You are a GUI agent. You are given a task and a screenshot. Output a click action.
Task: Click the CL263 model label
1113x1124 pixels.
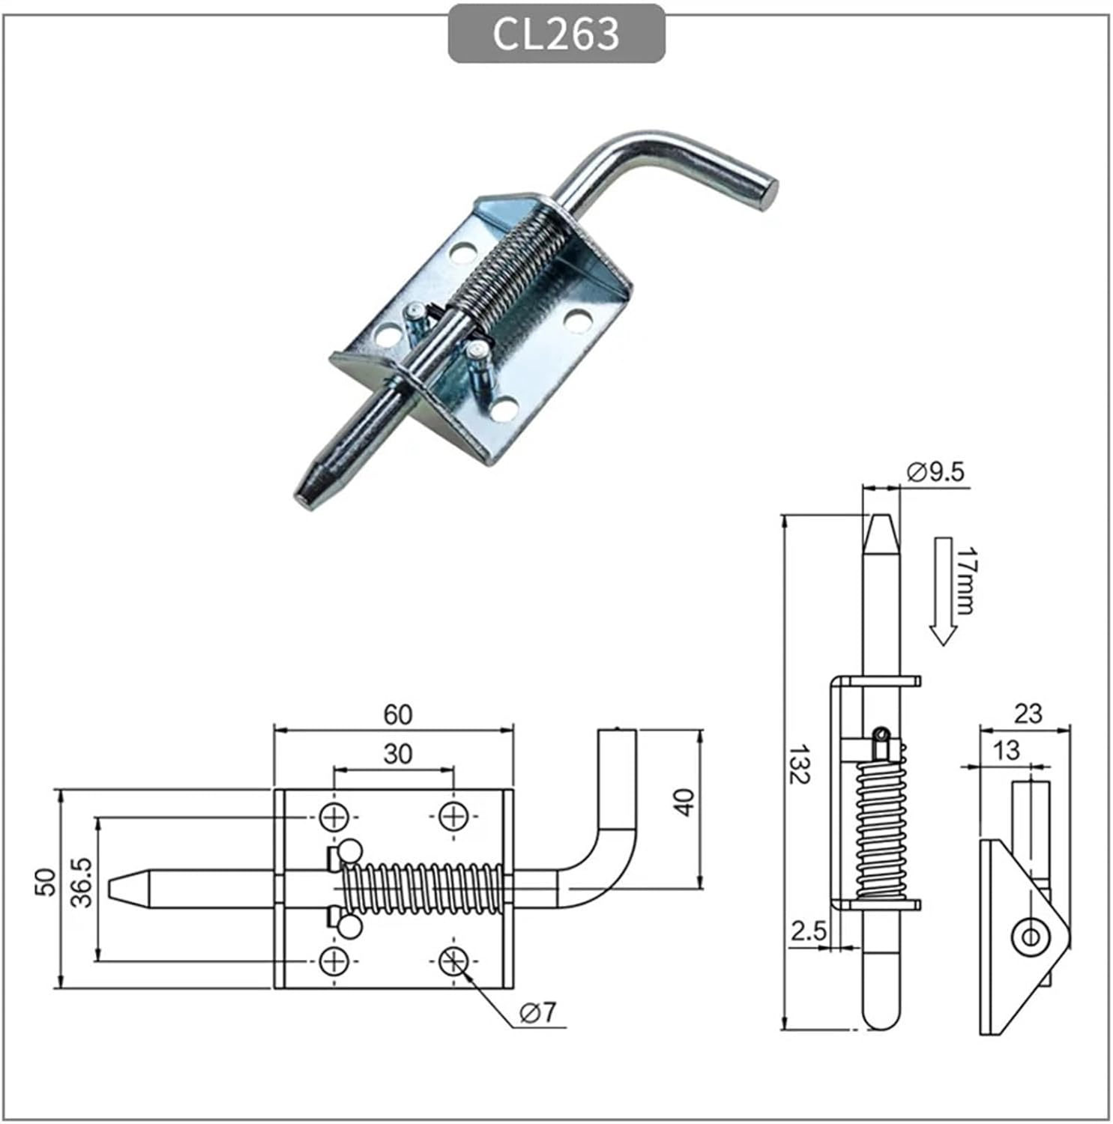[x=556, y=34]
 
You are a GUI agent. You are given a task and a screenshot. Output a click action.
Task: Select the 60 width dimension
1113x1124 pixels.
[x=397, y=714]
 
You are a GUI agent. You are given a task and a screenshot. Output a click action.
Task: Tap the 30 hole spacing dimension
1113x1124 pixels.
[x=397, y=753]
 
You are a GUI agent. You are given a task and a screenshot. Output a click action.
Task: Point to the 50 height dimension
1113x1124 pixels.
[x=46, y=882]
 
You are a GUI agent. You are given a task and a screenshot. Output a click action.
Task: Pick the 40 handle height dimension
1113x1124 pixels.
[x=684, y=802]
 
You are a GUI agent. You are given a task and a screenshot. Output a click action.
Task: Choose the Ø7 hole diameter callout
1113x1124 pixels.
[x=538, y=1012]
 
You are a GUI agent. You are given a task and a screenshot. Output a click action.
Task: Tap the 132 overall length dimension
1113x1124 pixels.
[x=799, y=764]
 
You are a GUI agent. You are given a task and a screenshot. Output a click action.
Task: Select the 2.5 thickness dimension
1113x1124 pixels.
[x=809, y=931]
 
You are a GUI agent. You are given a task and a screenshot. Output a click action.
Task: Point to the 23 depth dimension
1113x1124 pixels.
[x=1028, y=713]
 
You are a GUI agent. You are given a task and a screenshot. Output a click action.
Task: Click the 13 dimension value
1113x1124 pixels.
[x=1006, y=750]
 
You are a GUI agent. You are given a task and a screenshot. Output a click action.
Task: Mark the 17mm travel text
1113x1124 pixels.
[x=966, y=581]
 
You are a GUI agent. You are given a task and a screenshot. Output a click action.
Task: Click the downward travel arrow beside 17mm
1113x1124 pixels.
[x=943, y=592]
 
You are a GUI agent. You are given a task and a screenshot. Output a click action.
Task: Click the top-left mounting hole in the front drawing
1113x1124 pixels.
[x=334, y=816]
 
